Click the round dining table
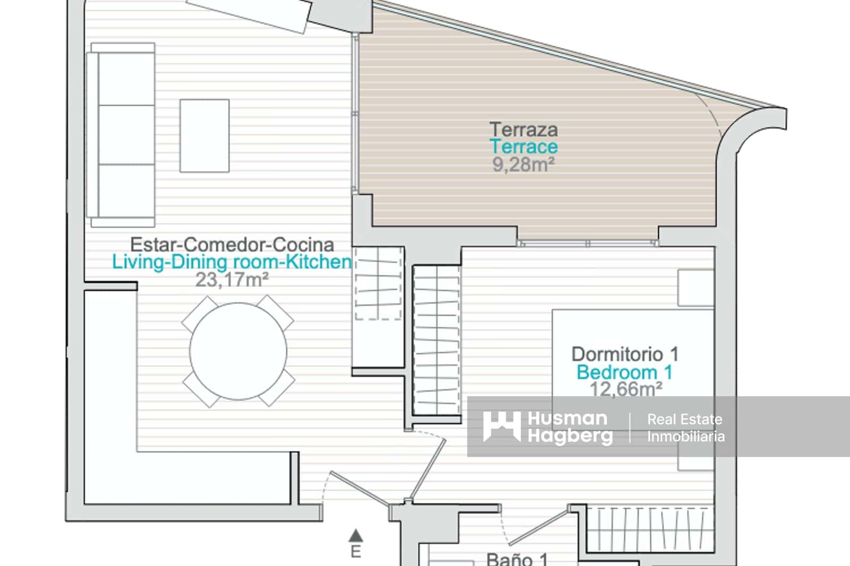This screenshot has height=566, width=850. tap(239, 351)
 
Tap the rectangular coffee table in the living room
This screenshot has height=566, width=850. tap(205, 136)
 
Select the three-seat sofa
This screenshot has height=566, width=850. tap(121, 135)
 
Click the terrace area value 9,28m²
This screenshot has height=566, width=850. tap(524, 164)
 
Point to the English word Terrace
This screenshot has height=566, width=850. tap(524, 147)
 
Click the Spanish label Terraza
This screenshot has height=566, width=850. tap(524, 130)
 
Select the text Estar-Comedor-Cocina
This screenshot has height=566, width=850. tap(232, 245)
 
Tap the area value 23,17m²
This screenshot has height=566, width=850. tap(232, 280)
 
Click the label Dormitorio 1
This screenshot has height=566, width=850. tap(625, 354)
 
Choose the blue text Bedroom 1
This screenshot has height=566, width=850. tap(625, 372)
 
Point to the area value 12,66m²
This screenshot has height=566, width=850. tap(626, 389)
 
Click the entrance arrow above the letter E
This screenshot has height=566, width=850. tap(355, 535)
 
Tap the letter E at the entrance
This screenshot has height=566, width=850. tap(355, 552)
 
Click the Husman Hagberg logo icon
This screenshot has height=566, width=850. tap(501, 427)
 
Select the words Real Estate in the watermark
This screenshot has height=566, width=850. tap(685, 419)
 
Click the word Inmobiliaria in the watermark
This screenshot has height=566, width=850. tap(686, 436)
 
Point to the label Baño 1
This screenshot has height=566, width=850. tap(517, 560)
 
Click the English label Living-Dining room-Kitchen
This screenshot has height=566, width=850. tap(232, 262)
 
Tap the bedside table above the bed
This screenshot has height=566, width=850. tap(696, 288)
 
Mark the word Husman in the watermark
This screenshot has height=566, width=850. tap(568, 418)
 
